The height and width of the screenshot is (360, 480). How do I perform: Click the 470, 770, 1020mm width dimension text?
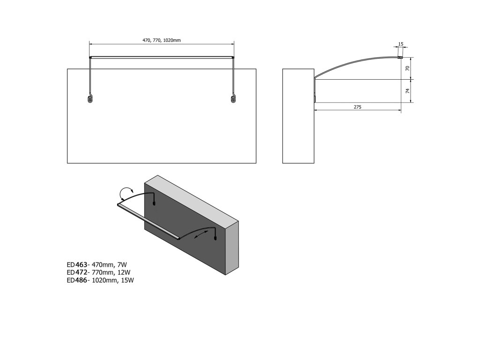click(162, 41)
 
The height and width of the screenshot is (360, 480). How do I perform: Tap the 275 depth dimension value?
click(357, 107)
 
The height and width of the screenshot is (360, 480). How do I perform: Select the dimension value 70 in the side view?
click(408, 68)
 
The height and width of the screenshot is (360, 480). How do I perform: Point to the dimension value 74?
click(408, 91)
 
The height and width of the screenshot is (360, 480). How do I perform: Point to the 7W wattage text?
click(121, 265)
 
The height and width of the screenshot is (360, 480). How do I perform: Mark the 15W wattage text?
click(128, 280)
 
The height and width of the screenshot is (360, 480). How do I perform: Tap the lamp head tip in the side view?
click(401, 57)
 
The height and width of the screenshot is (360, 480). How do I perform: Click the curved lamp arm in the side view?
click(356, 61)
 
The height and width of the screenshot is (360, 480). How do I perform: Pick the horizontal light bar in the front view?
click(162, 57)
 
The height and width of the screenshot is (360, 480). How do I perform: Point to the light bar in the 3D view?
click(148, 220)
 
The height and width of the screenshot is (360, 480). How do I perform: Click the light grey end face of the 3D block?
click(232, 248)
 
